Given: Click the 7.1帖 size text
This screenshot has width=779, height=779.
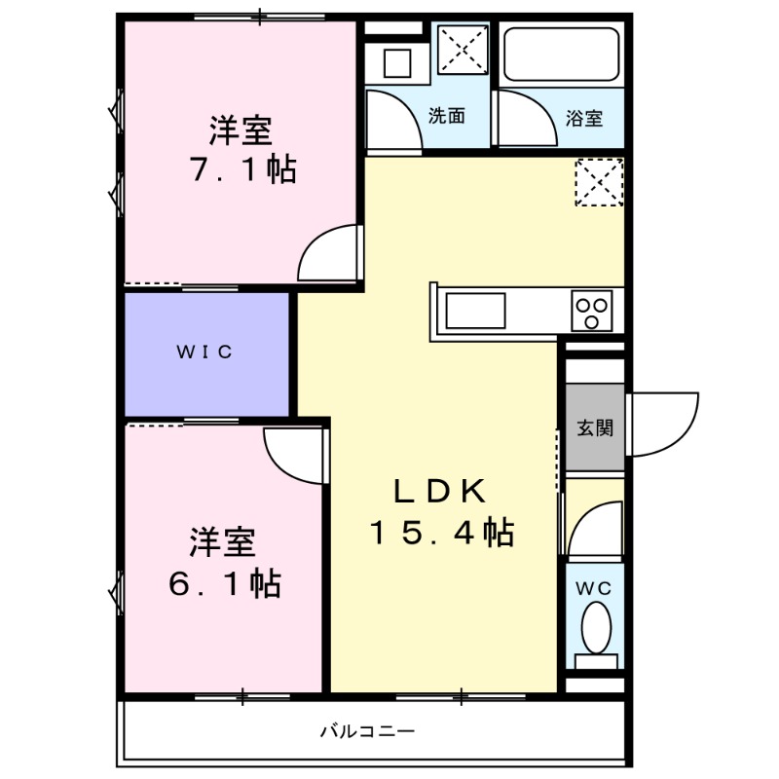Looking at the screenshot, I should coord(242,170).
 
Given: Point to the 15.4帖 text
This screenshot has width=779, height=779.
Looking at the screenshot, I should coord(440,533).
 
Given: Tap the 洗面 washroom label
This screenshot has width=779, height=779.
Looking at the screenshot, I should coord(446,116).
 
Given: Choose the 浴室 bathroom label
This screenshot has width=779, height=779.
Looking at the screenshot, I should coord(584,119).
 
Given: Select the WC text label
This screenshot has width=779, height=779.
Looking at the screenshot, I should coord(596,587).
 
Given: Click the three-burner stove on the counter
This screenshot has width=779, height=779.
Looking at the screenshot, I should coord(592,312).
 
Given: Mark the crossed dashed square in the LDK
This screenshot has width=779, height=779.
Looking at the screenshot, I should coord(597,182).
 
